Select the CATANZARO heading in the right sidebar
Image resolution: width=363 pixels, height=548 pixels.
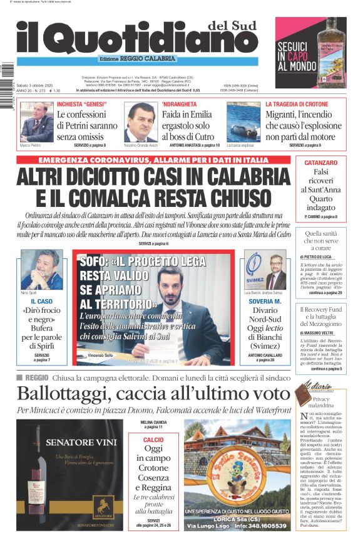click(x=321, y=162)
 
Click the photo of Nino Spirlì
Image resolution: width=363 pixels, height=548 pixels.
click(x=41, y=270)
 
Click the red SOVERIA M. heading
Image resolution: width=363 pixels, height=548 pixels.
click(x=265, y=302)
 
